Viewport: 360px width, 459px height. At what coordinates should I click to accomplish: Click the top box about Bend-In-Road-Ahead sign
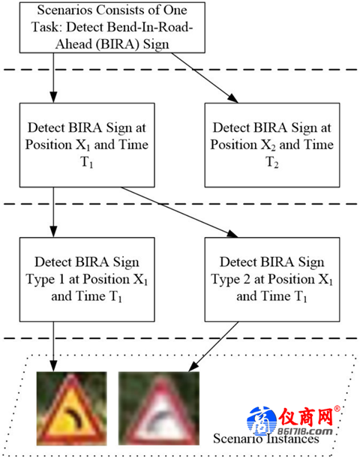pyautogui.click(x=112, y=28)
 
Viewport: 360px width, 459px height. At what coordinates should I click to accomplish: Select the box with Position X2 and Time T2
pyautogui.click(x=272, y=145)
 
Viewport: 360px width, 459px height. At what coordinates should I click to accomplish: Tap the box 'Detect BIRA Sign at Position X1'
pyautogui.click(x=87, y=145)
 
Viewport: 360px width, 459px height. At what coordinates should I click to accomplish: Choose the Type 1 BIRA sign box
pyautogui.click(x=87, y=279)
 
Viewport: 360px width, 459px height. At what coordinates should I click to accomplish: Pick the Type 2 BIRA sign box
pyautogui.click(x=272, y=279)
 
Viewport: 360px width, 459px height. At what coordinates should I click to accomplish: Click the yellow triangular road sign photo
pyautogui.click(x=71, y=408)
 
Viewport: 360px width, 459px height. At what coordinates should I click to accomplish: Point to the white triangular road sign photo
pyautogui.click(x=159, y=408)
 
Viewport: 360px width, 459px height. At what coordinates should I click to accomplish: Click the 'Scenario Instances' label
pyautogui.click(x=265, y=439)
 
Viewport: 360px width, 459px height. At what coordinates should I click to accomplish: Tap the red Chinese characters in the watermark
pyautogui.click(x=305, y=417)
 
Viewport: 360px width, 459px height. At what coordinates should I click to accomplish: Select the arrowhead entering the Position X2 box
pyautogui.click(x=233, y=98)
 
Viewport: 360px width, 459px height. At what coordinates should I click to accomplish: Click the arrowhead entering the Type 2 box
pyautogui.click(x=232, y=233)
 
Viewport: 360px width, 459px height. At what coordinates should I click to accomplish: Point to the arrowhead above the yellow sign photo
pyautogui.click(x=53, y=366)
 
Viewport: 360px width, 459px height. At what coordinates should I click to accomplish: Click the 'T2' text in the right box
pyautogui.click(x=272, y=163)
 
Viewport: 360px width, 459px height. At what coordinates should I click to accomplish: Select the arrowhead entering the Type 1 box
pyautogui.click(x=53, y=232)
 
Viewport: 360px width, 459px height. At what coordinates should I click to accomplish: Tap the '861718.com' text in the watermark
pyautogui.click(x=304, y=431)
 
